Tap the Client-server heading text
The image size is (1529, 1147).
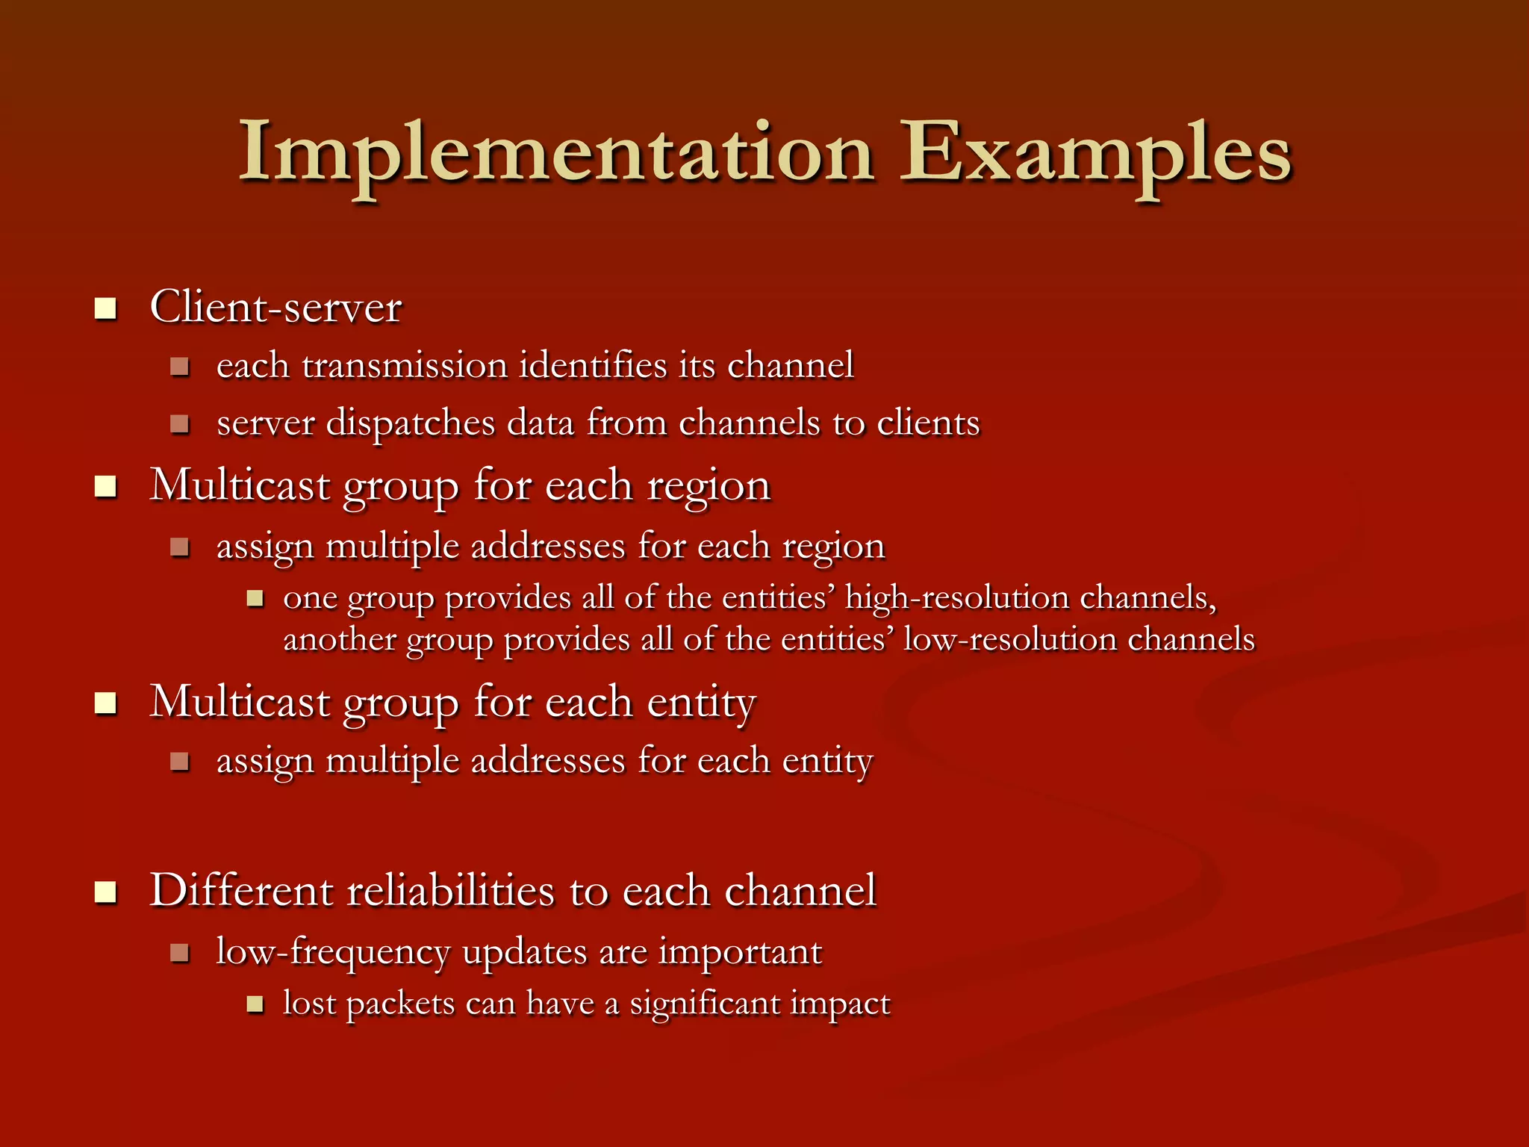coord(275,307)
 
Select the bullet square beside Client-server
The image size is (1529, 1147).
coord(106,308)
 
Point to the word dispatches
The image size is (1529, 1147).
coord(411,423)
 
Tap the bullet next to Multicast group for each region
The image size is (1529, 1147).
coord(106,488)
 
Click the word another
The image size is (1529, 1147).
coord(340,639)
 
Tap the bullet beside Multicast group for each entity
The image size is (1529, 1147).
coord(106,703)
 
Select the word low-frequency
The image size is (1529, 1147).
coord(333,952)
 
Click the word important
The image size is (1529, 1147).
coord(740,952)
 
